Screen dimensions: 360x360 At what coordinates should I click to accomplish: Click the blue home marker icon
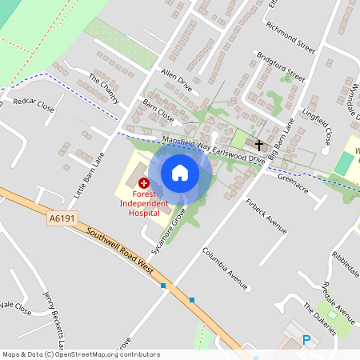pos(180,172)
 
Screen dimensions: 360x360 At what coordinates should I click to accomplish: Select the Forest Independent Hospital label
pos(145,205)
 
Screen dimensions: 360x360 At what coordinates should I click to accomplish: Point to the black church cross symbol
pos(258,146)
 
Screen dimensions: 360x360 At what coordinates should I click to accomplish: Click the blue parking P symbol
pos(306,340)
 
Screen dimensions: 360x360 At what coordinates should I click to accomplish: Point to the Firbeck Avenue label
pos(266,215)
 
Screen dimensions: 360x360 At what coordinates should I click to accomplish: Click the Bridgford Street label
pos(281,67)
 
